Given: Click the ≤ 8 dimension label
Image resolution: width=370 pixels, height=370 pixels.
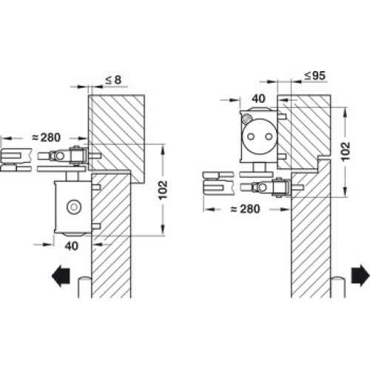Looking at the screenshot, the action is (x=113, y=80).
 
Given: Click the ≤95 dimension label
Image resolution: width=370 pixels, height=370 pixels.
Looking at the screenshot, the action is (x=315, y=75).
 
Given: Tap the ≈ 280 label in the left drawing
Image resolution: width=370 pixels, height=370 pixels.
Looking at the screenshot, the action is (x=47, y=138).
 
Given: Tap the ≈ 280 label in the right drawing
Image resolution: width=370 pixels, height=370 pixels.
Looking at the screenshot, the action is (x=245, y=209).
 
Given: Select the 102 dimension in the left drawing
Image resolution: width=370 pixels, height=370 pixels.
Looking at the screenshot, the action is (x=163, y=190).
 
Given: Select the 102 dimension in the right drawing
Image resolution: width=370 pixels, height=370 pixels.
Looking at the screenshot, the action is (x=346, y=152).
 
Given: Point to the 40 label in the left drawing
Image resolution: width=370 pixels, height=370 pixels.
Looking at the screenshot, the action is (x=72, y=246).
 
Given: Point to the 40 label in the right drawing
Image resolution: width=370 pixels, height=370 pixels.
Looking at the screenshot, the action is (x=258, y=98).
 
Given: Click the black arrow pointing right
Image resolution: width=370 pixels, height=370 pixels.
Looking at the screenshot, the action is (x=360, y=275).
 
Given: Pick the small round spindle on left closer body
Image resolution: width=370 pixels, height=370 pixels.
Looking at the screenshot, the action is (x=74, y=207).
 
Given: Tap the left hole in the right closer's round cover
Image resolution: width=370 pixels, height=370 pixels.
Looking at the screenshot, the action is (x=251, y=136).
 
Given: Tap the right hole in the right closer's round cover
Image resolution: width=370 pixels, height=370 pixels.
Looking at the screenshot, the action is (x=269, y=136).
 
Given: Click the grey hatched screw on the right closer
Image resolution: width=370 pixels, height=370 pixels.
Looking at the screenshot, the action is (x=246, y=119).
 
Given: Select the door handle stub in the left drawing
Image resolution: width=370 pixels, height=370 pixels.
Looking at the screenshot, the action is (x=85, y=287).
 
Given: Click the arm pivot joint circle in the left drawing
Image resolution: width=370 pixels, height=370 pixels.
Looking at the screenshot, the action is (x=59, y=156).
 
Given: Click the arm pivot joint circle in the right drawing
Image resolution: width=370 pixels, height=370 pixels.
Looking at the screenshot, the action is (x=262, y=188).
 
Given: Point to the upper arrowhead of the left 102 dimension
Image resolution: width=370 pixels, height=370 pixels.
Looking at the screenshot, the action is (x=163, y=150).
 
